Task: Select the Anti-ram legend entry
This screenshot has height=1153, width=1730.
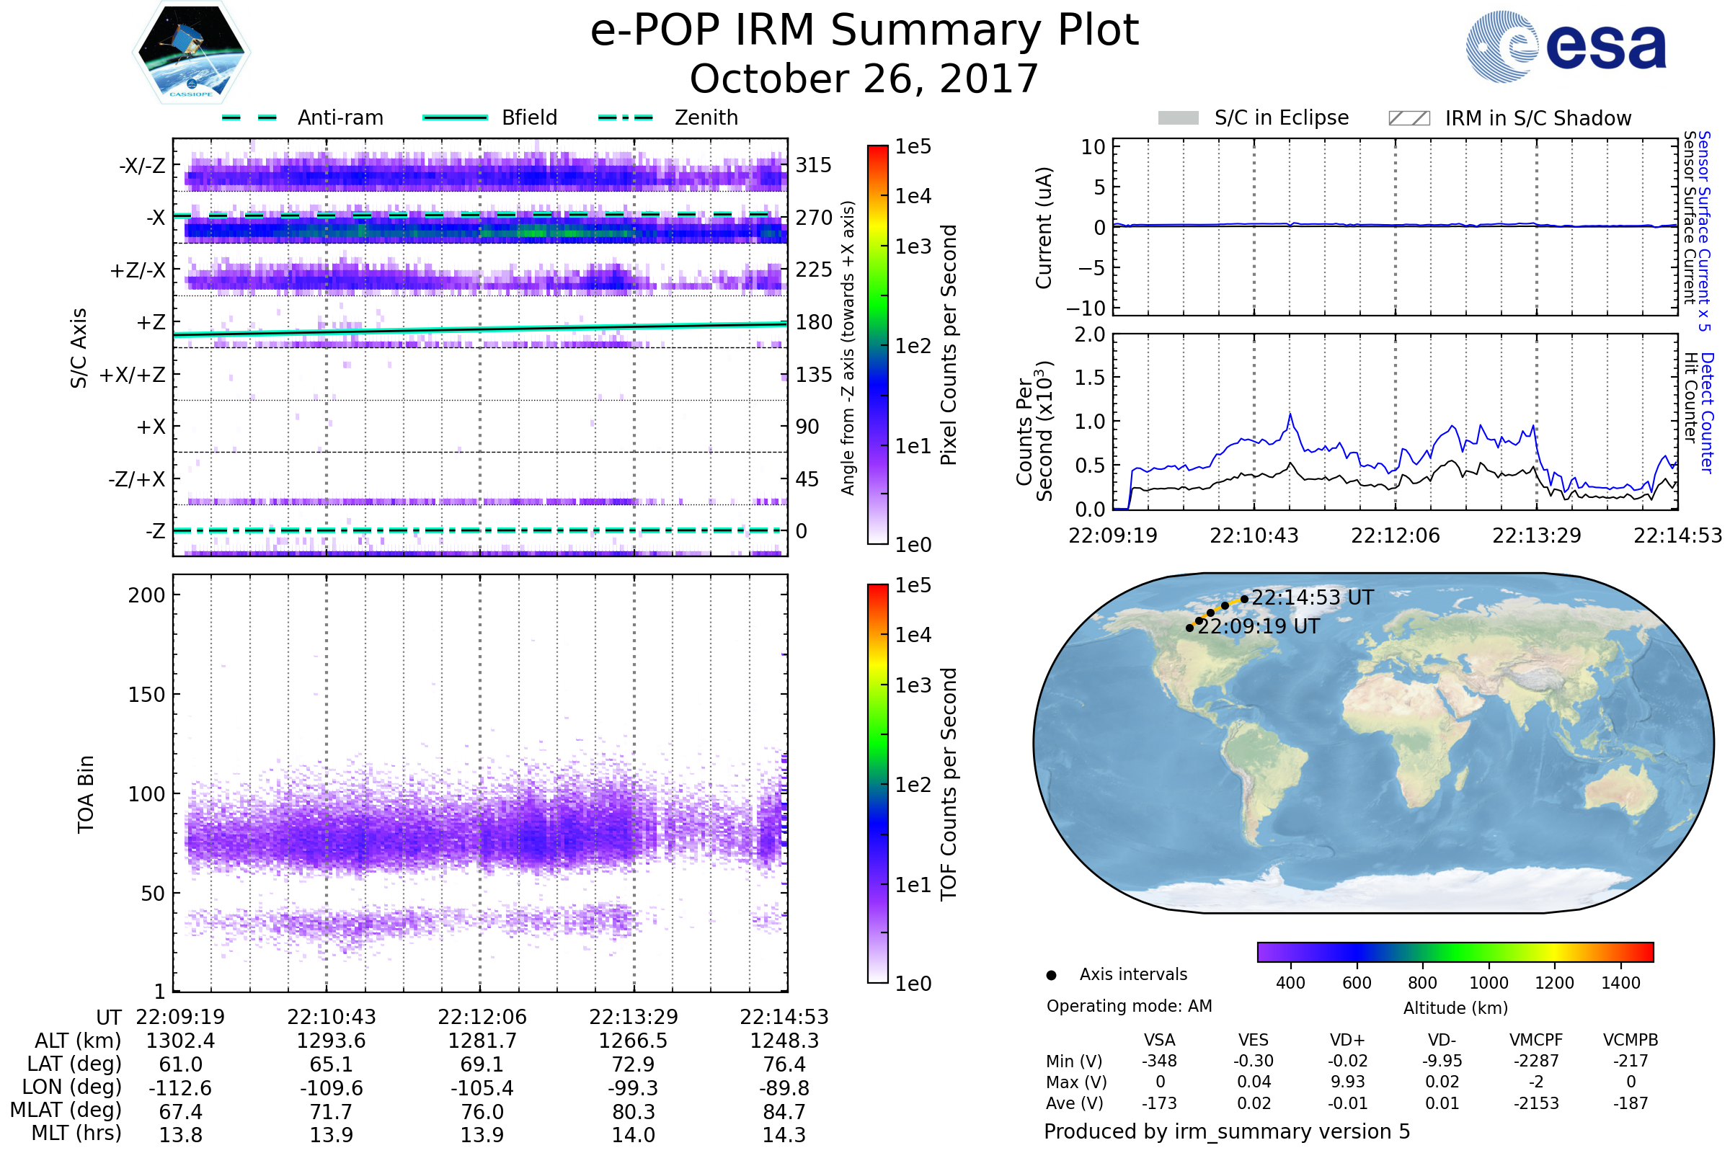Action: (x=340, y=117)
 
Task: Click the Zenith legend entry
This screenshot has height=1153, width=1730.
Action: (x=706, y=117)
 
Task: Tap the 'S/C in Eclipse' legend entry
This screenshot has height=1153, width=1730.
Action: (x=1281, y=117)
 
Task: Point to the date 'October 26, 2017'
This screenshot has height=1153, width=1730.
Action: (x=864, y=79)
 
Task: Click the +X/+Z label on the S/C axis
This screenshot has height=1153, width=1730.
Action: (x=133, y=375)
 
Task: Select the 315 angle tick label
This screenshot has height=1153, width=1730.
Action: (x=813, y=165)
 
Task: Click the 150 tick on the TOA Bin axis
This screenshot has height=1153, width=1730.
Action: (x=146, y=695)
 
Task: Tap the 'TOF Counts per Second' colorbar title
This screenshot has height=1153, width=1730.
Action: (x=949, y=784)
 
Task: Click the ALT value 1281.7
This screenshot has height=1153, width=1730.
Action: (x=482, y=1041)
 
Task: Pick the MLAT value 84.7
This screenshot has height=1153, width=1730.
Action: (x=784, y=1112)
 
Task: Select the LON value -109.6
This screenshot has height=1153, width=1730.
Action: (x=331, y=1088)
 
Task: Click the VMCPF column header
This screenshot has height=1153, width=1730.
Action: (x=1536, y=1041)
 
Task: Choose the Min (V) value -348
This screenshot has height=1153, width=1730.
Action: (x=1159, y=1061)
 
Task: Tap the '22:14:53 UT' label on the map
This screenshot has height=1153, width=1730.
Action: (x=1312, y=598)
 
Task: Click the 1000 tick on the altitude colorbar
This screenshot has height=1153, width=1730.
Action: (x=1488, y=983)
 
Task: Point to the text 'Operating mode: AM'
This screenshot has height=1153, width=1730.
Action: (x=1129, y=1006)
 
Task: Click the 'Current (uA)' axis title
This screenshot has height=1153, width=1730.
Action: (x=1044, y=227)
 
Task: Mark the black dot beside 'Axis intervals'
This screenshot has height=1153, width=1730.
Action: (x=1051, y=975)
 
